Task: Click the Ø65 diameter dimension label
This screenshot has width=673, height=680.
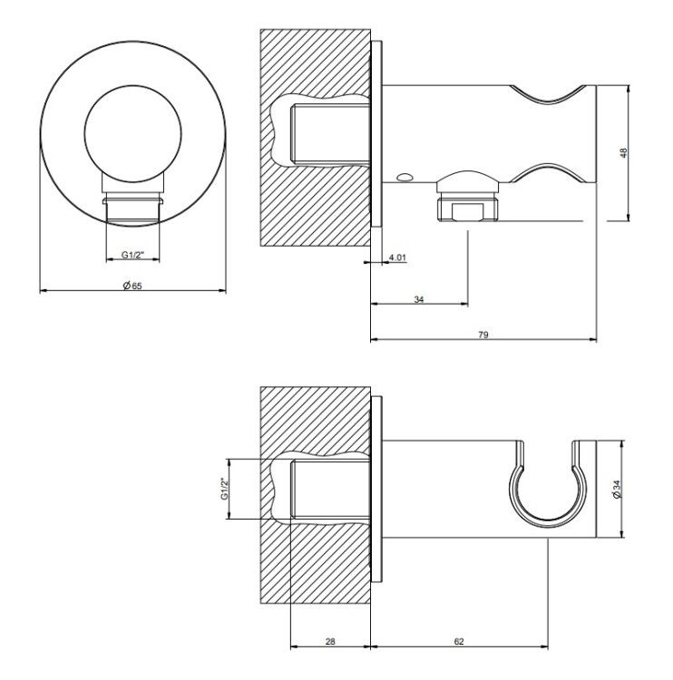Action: click(132, 286)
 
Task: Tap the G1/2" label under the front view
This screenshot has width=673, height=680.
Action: click(133, 255)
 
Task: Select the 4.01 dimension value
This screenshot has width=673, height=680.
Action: click(397, 257)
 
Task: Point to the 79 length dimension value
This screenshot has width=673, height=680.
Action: click(483, 335)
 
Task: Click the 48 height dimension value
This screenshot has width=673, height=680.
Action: click(623, 152)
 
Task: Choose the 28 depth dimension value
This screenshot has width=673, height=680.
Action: click(330, 641)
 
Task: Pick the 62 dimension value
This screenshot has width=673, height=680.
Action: click(459, 641)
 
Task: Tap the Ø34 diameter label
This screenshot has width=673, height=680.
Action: click(617, 489)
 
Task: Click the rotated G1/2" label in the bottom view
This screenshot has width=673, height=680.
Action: click(224, 489)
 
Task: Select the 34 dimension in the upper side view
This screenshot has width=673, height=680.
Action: click(419, 299)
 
